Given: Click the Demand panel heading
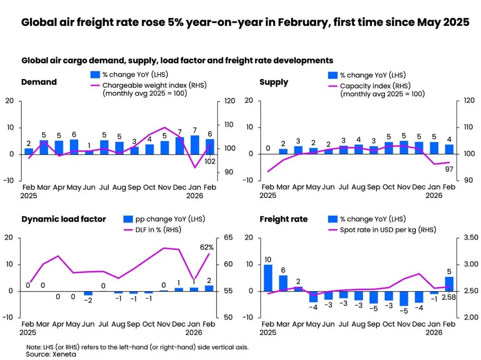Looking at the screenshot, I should pyautogui.click(x=39, y=82).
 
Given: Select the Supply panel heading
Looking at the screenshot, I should pyautogui.click(x=274, y=82).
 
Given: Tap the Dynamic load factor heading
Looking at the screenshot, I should pyautogui.click(x=63, y=219).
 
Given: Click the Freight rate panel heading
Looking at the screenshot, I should pyautogui.click(x=283, y=219).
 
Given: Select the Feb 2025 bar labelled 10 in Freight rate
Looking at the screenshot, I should pyautogui.click(x=268, y=278).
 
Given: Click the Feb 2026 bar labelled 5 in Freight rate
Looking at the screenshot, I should pyautogui.click(x=450, y=283).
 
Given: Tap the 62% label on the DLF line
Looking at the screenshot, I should pyautogui.click(x=206, y=247).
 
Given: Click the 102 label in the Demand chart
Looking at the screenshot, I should pyautogui.click(x=210, y=161).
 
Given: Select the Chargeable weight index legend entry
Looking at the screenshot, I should pyautogui.click(x=148, y=86).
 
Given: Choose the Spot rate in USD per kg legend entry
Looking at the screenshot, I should pyautogui.click(x=387, y=229).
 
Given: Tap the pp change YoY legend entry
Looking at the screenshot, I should pyautogui.click(x=165, y=220).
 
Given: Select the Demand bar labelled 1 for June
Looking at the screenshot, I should pyautogui.click(x=89, y=152).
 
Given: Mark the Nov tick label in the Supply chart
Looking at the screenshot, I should pyautogui.click(x=404, y=187).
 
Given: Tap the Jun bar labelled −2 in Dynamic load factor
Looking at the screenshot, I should pyautogui.click(x=88, y=293).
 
